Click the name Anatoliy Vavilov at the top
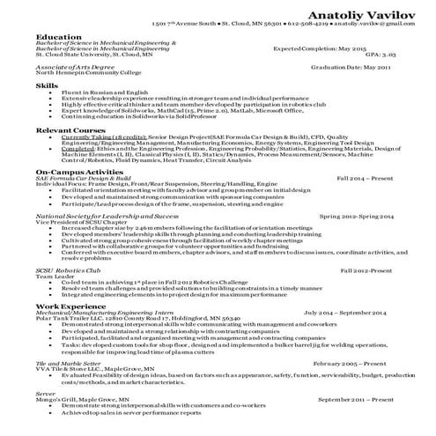tap(366, 9)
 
